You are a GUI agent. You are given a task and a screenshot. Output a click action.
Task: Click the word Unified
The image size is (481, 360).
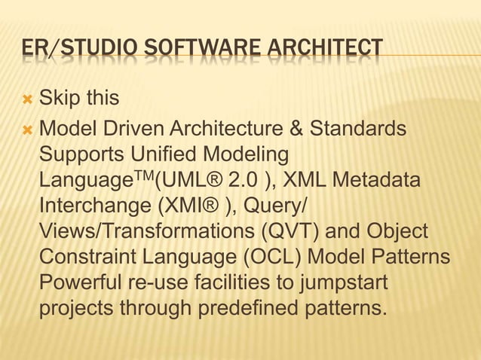(x=167, y=154)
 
